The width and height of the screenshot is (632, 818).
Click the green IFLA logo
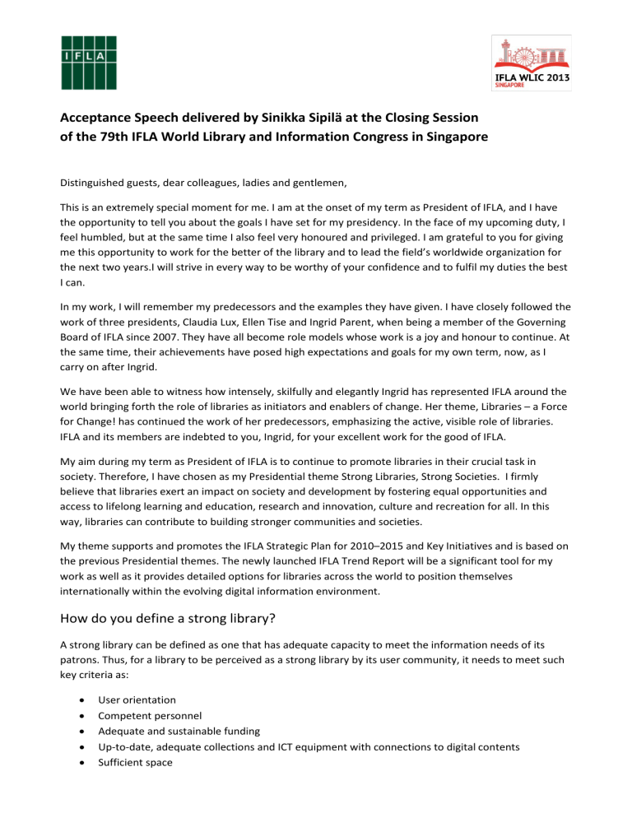[x=88, y=63]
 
